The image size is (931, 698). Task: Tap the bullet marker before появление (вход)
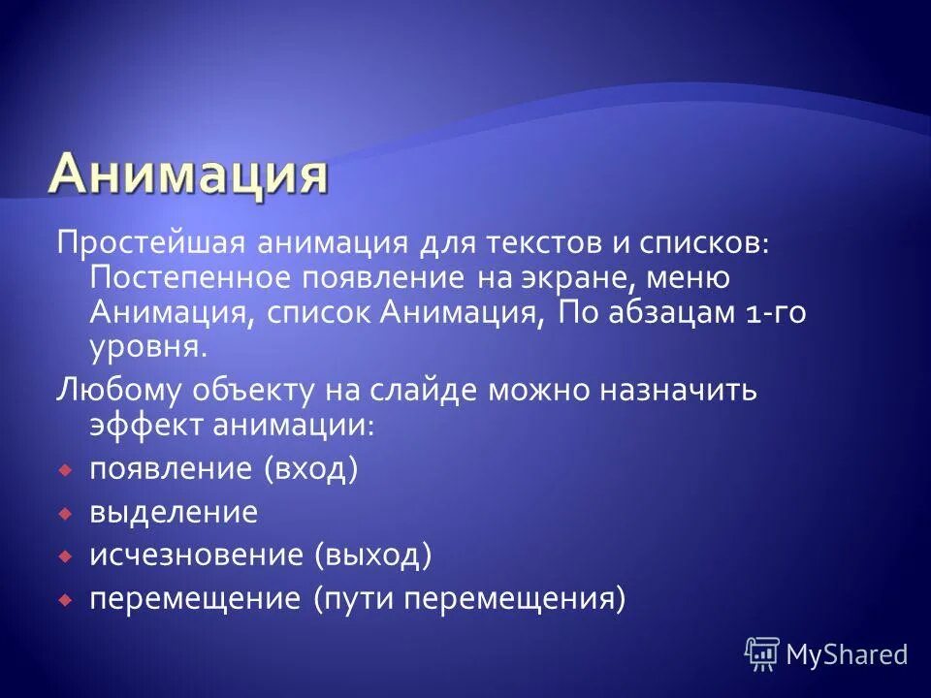pyautogui.click(x=64, y=470)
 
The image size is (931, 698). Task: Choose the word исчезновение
pyautogui.click(x=196, y=555)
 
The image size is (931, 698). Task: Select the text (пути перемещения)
pyautogui.click(x=469, y=599)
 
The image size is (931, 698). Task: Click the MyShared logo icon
pyautogui.click(x=762, y=654)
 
